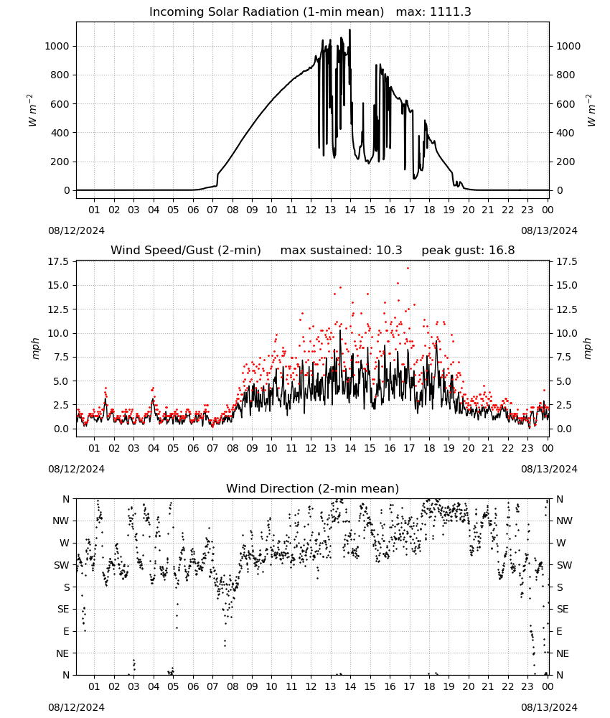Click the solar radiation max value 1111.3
click(x=450, y=12)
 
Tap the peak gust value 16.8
click(x=502, y=251)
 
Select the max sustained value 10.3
click(x=389, y=251)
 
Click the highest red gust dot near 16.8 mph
click(x=408, y=269)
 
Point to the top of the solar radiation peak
click(x=350, y=29)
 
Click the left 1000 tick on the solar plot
click(x=57, y=46)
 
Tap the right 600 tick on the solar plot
click(x=566, y=104)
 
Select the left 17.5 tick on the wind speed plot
click(x=59, y=262)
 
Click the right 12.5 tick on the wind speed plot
click(x=566, y=309)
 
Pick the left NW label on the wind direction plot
click(x=61, y=521)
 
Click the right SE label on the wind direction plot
click(x=563, y=610)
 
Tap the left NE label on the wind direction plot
click(x=62, y=654)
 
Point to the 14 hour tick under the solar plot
click(x=350, y=210)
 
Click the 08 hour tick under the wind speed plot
click(x=233, y=448)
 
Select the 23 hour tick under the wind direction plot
click(x=527, y=687)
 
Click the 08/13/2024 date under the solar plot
click(x=549, y=230)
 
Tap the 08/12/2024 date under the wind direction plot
click(x=76, y=708)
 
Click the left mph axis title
click(x=36, y=348)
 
